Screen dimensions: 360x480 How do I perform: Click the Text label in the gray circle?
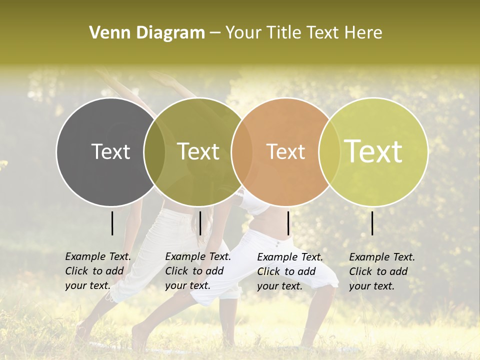pyautogui.click(x=110, y=151)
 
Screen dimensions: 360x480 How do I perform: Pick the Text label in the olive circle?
pyautogui.click(x=198, y=151)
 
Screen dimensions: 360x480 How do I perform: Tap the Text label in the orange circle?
pyautogui.click(x=286, y=151)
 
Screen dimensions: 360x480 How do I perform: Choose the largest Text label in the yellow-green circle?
pyautogui.click(x=373, y=151)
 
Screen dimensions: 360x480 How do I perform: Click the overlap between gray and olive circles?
pyautogui.click(x=154, y=151)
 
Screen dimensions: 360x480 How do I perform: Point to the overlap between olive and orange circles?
pyautogui.click(x=242, y=151)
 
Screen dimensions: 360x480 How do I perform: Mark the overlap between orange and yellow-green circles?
pyautogui.click(x=329, y=151)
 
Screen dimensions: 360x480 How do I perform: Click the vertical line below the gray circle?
pyautogui.click(x=112, y=223)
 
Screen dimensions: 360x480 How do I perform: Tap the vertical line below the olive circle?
pyautogui.click(x=200, y=223)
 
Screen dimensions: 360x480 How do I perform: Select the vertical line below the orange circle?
pyautogui.click(x=288, y=223)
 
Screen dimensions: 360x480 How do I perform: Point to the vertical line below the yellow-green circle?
pyautogui.click(x=372, y=223)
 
